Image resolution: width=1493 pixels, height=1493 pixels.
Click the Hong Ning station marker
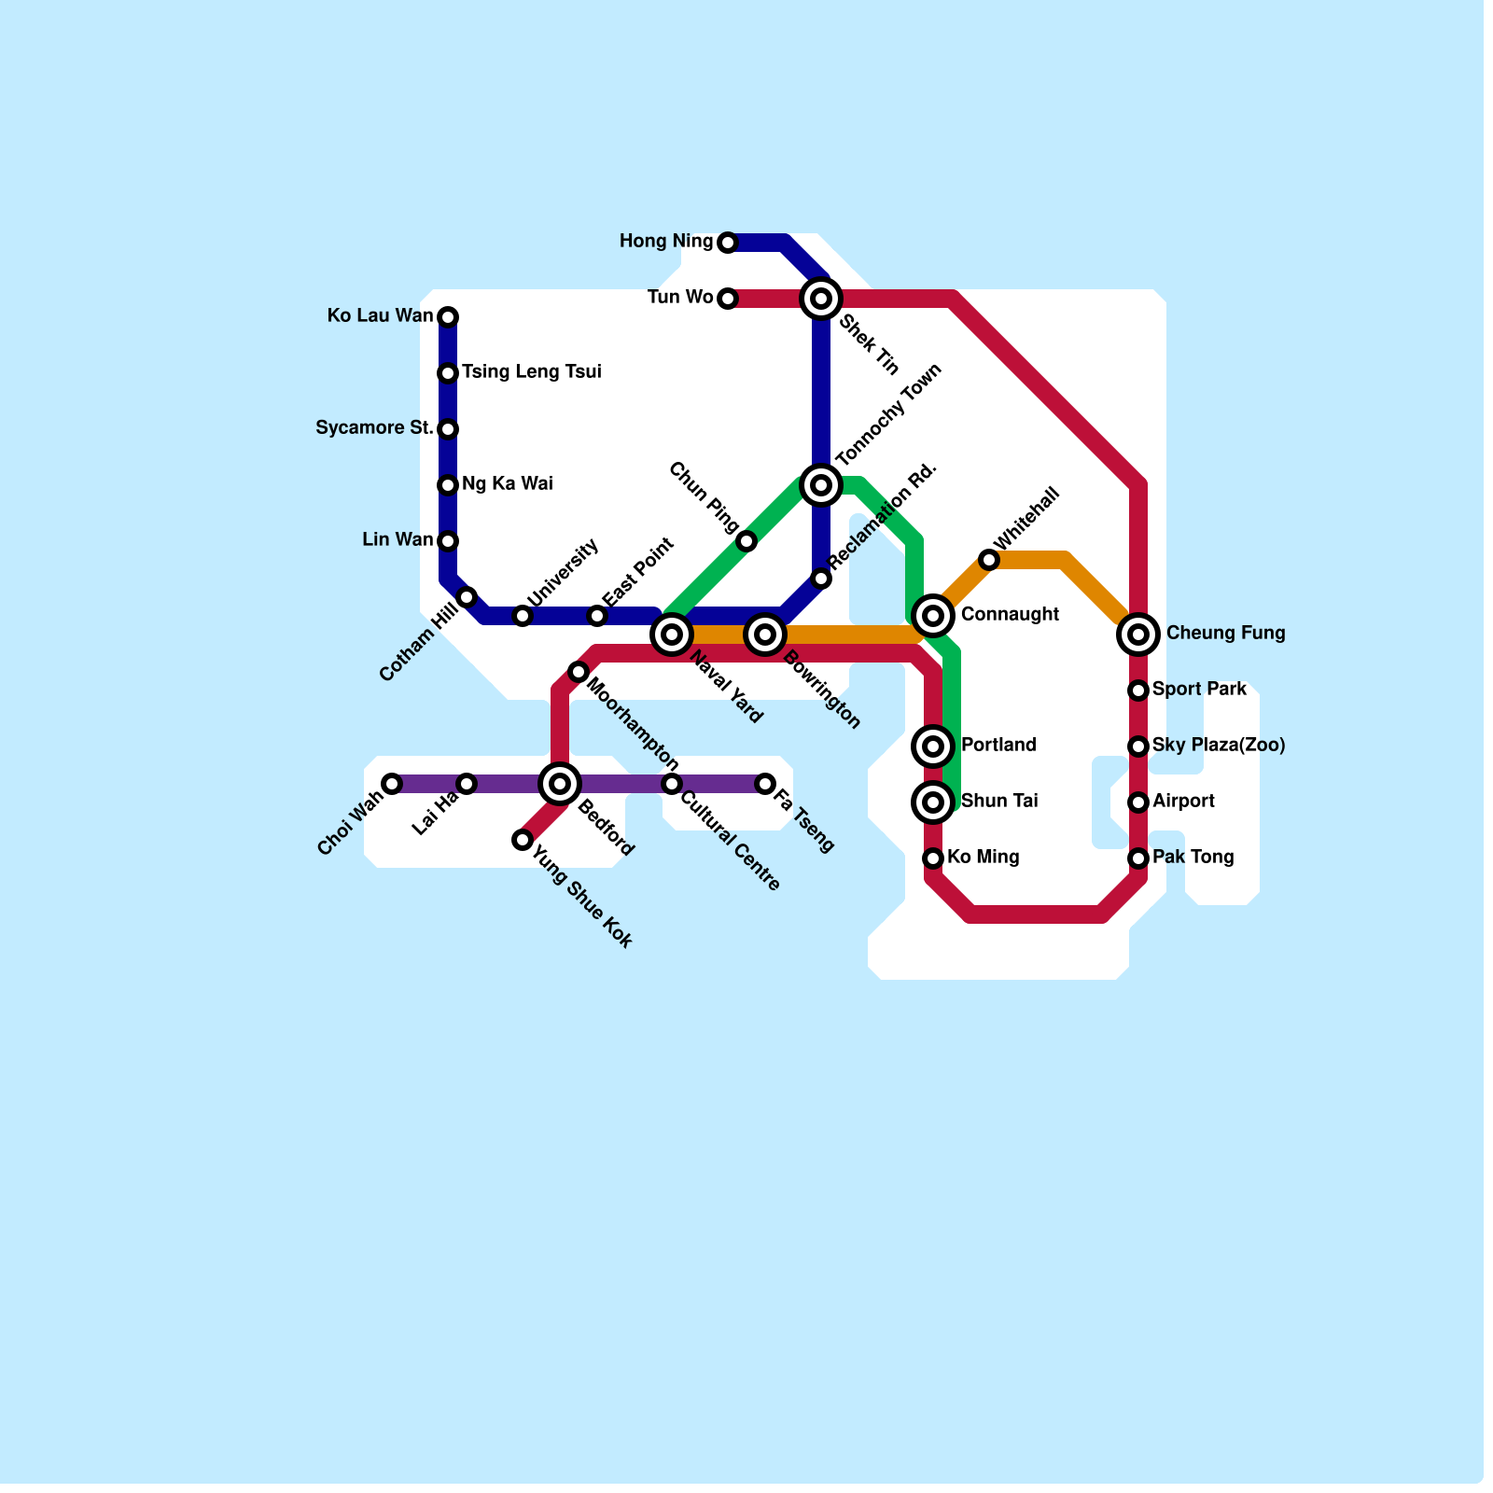[728, 243]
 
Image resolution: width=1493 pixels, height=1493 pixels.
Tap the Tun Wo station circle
[728, 299]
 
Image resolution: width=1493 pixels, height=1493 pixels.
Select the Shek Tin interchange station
[821, 299]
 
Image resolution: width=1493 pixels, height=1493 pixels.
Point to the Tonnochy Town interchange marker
[821, 485]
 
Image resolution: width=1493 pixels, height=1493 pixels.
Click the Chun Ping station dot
[746, 541]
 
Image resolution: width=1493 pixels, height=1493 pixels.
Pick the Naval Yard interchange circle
[672, 635]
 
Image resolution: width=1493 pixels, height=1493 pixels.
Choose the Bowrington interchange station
[765, 635]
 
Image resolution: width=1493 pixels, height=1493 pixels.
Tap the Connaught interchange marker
[933, 616]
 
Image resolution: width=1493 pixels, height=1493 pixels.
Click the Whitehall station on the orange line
[989, 560]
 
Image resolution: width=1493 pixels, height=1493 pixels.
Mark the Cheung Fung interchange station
[1138, 635]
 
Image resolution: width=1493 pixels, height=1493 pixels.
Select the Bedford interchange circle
[560, 784]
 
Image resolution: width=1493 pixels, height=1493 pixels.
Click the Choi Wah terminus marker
[392, 784]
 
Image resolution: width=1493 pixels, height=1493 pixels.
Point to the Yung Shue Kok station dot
[523, 840]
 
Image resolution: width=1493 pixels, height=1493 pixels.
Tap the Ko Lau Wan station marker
[448, 317]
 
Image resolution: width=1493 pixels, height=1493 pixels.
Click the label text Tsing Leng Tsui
[531, 372]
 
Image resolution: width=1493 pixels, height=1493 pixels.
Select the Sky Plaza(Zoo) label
[1218, 746]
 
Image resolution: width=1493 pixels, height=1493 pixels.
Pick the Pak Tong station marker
[1138, 858]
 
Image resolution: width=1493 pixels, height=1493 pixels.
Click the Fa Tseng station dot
[765, 784]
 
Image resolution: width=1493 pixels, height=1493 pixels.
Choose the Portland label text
[998, 746]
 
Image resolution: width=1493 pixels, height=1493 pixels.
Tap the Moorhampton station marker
[579, 672]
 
